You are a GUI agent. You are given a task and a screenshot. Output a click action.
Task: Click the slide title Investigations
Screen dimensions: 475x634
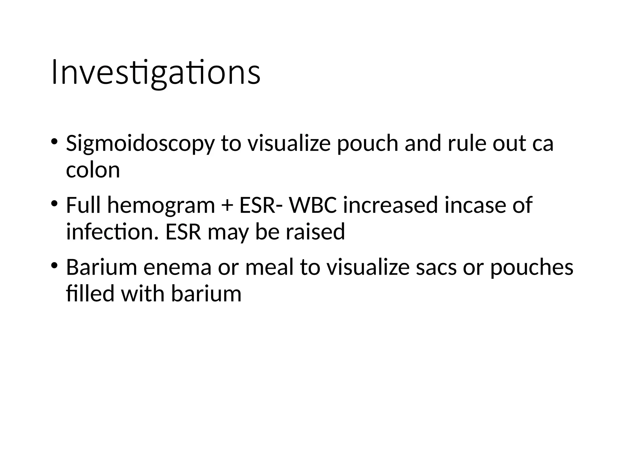[156, 73]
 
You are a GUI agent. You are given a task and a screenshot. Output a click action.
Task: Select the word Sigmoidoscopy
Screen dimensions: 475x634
[140, 144]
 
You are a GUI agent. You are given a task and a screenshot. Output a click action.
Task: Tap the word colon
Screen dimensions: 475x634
[93, 170]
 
